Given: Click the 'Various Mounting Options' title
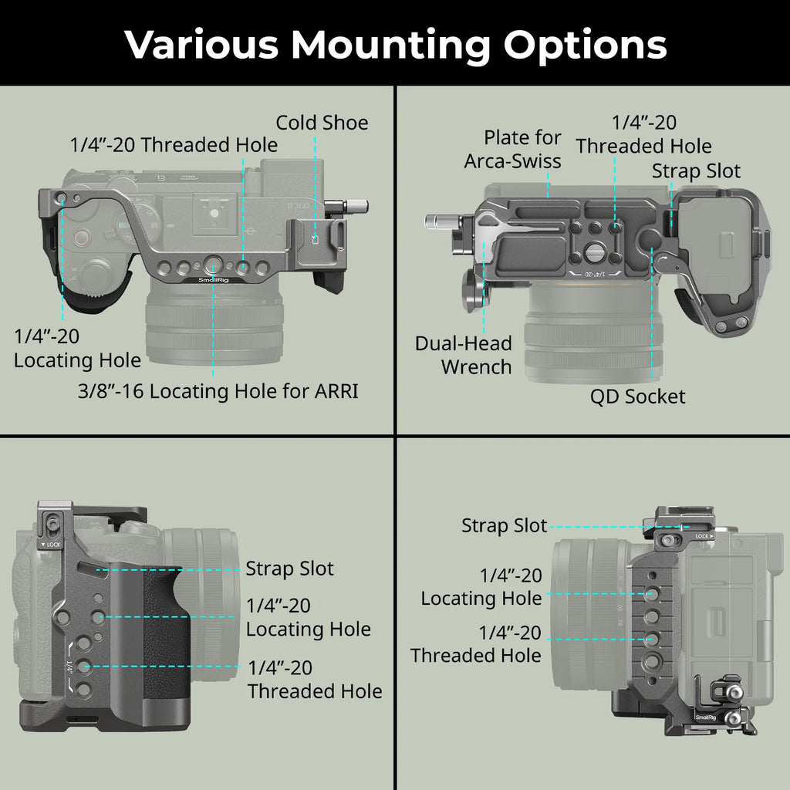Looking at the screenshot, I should [395, 45].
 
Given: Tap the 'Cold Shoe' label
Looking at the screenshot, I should [322, 123].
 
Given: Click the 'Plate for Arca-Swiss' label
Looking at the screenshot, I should [512, 150].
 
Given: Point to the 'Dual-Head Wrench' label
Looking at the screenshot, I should [463, 355].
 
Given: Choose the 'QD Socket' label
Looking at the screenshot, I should [637, 397].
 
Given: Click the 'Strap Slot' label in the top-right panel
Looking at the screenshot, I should [696, 170].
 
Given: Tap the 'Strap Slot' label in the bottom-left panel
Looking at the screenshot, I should [289, 569].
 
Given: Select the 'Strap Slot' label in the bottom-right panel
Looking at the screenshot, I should [504, 526].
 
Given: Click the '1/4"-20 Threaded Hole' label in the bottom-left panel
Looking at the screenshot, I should [315, 679].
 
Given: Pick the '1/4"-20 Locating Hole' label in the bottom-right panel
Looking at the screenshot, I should [481, 586].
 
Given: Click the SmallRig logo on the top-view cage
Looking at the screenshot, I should [212, 280].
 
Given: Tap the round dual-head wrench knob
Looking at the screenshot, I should [473, 291].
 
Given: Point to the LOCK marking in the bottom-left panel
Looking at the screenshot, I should [53, 545].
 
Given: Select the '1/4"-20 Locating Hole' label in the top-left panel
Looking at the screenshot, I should [77, 348].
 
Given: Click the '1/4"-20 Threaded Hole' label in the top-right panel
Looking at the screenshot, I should [643, 134].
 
